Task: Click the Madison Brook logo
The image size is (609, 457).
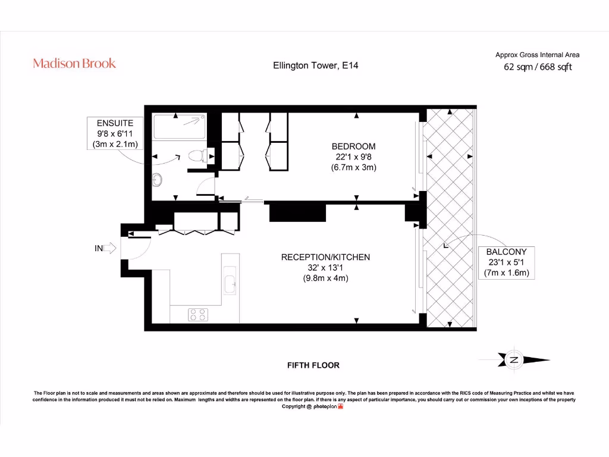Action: pyautogui.click(x=74, y=63)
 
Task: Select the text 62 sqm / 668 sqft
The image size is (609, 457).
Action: pyautogui.click(x=538, y=67)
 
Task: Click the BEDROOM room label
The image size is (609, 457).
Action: pyautogui.click(x=353, y=146)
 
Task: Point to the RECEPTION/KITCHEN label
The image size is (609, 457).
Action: pyautogui.click(x=325, y=257)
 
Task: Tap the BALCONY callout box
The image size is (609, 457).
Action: pyautogui.click(x=507, y=263)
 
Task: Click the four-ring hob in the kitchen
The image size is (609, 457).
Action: pyautogui.click(x=197, y=314)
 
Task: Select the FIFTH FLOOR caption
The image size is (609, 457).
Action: pyautogui.click(x=313, y=365)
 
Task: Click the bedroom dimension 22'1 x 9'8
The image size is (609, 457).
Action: pyautogui.click(x=353, y=157)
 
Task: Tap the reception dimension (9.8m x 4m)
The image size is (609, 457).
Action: pyautogui.click(x=325, y=278)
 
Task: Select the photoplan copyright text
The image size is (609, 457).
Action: pyautogui.click(x=312, y=406)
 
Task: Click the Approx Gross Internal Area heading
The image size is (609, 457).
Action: pyautogui.click(x=538, y=55)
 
